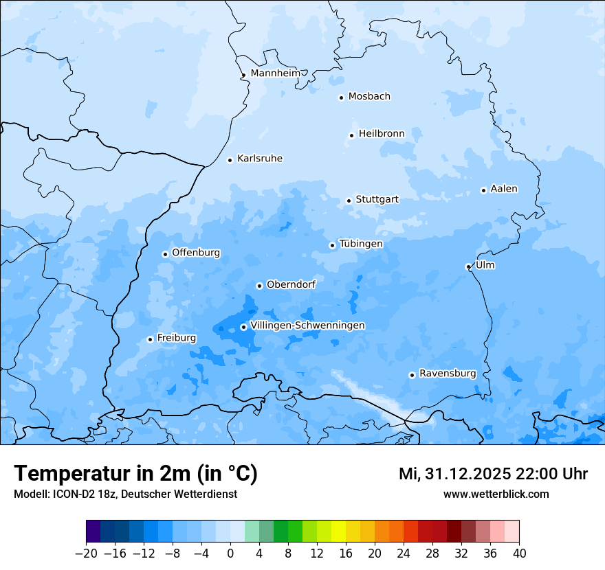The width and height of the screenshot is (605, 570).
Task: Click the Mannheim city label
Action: (x=275, y=73)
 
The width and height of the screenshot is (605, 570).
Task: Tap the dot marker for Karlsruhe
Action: (x=230, y=160)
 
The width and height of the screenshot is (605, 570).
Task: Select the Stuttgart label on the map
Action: (x=377, y=200)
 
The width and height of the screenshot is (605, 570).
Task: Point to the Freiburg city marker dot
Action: (x=150, y=339)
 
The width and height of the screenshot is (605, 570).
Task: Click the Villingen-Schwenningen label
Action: (x=307, y=326)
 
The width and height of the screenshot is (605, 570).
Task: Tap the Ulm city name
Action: (x=485, y=265)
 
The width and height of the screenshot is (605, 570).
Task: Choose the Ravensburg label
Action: (x=448, y=374)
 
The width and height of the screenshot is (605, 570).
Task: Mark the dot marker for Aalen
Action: (x=483, y=190)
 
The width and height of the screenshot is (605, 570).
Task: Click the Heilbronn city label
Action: (x=382, y=134)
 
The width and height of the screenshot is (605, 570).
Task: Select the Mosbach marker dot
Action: (x=341, y=98)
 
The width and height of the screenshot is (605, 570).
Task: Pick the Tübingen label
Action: (x=361, y=244)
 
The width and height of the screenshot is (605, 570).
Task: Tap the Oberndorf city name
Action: (x=291, y=284)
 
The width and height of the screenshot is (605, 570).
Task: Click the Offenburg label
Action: (x=196, y=253)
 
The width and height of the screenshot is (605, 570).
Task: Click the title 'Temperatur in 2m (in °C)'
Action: (x=135, y=474)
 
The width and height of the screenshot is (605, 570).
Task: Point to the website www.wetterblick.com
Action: (x=496, y=494)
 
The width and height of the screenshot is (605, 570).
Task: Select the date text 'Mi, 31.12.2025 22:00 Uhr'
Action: (x=493, y=474)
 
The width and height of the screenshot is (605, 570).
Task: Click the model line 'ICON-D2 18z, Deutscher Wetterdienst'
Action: (x=125, y=494)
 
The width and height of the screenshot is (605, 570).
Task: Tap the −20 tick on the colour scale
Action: (x=86, y=554)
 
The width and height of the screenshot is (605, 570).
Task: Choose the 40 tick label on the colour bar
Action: (x=519, y=554)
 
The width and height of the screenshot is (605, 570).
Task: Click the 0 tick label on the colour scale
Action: (x=230, y=554)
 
